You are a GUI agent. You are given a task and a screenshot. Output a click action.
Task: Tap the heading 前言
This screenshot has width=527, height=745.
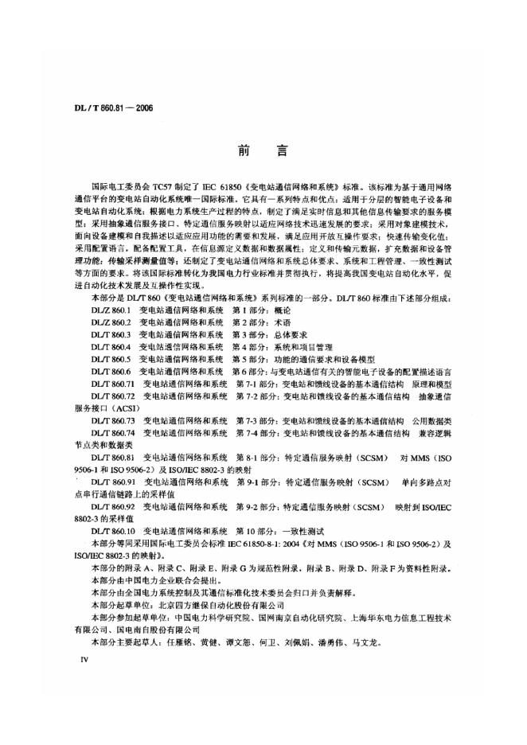click(262, 148)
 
